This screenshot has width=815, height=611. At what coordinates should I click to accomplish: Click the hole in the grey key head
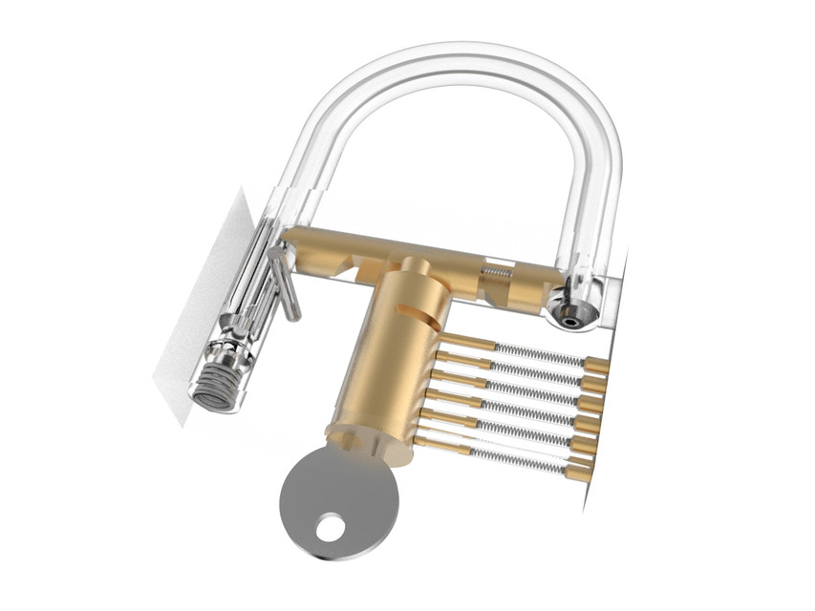pos(331,526)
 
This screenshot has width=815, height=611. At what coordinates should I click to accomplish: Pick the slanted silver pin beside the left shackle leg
pos(284,281)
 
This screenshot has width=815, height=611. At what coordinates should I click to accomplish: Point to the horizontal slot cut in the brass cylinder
pos(427,311)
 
